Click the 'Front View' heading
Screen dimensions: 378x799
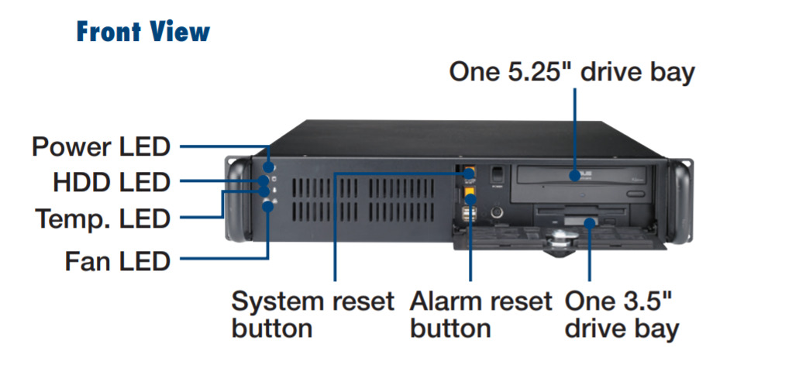[143, 33]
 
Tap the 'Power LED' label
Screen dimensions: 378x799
[101, 146]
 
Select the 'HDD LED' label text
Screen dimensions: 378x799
[111, 183]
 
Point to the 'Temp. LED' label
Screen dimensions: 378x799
[102, 219]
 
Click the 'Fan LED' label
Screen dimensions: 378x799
[117, 261]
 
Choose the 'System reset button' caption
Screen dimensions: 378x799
[313, 314]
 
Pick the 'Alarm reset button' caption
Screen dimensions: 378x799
[480, 314]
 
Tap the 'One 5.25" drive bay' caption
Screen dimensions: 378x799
[573, 72]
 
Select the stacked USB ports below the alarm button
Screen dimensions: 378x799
[470, 216]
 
